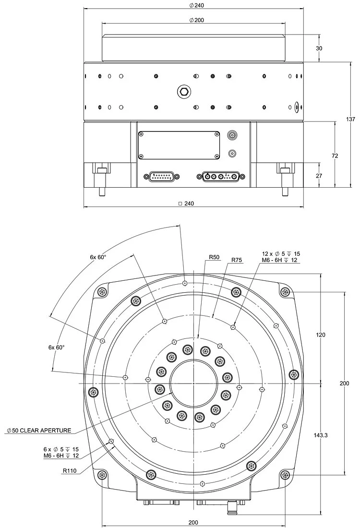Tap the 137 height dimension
click(x=351, y=119)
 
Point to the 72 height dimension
click(x=335, y=156)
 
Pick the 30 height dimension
click(x=333, y=48)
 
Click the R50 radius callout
click(x=214, y=258)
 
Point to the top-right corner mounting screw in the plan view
click(x=285, y=291)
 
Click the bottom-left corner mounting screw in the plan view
click(x=101, y=475)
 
